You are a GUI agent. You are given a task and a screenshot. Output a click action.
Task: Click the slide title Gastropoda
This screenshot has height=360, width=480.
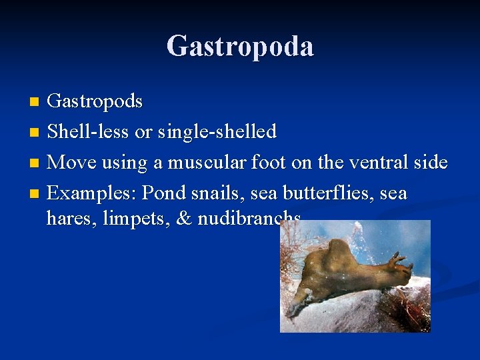coord(240,47)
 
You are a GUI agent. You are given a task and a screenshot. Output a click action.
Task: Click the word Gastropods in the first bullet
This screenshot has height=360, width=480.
coord(95,101)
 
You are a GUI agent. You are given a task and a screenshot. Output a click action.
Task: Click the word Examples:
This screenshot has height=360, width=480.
coord(92,193)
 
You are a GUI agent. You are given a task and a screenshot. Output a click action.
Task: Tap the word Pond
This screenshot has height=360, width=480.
coord(165,193)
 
